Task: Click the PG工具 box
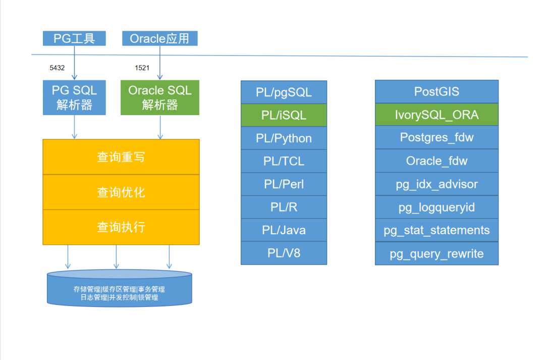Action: (74, 38)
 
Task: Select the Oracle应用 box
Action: (159, 38)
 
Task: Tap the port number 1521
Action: (143, 68)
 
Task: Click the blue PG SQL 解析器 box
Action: (74, 97)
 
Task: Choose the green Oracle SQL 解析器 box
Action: (160, 97)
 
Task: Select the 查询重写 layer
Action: (121, 157)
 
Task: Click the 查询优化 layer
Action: (121, 192)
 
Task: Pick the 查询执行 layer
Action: (121, 227)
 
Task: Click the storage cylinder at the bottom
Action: (119, 290)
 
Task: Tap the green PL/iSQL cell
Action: (284, 115)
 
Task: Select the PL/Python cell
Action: (284, 138)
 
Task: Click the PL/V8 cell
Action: (284, 253)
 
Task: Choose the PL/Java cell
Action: (284, 230)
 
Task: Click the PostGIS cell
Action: (436, 92)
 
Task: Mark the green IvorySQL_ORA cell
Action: (436, 115)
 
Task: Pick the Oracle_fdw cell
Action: (436, 161)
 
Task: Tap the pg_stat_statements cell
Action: (436, 230)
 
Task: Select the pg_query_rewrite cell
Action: (436, 253)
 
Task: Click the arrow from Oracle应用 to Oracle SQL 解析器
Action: (160, 63)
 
